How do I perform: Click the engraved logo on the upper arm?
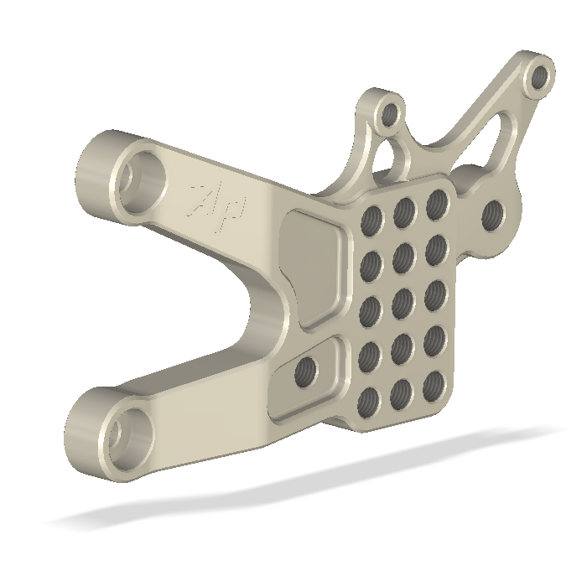pyautogui.click(x=217, y=205)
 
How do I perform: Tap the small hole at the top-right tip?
pyautogui.click(x=541, y=78)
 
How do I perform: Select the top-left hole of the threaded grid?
pyautogui.click(x=370, y=221)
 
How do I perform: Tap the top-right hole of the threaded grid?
pyautogui.click(x=436, y=202)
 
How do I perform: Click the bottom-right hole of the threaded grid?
pyautogui.click(x=434, y=384)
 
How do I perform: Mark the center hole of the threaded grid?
pyautogui.click(x=402, y=303)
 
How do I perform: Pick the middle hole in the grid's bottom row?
pyautogui.click(x=401, y=392)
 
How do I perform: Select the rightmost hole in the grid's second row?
pyautogui.click(x=435, y=248)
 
